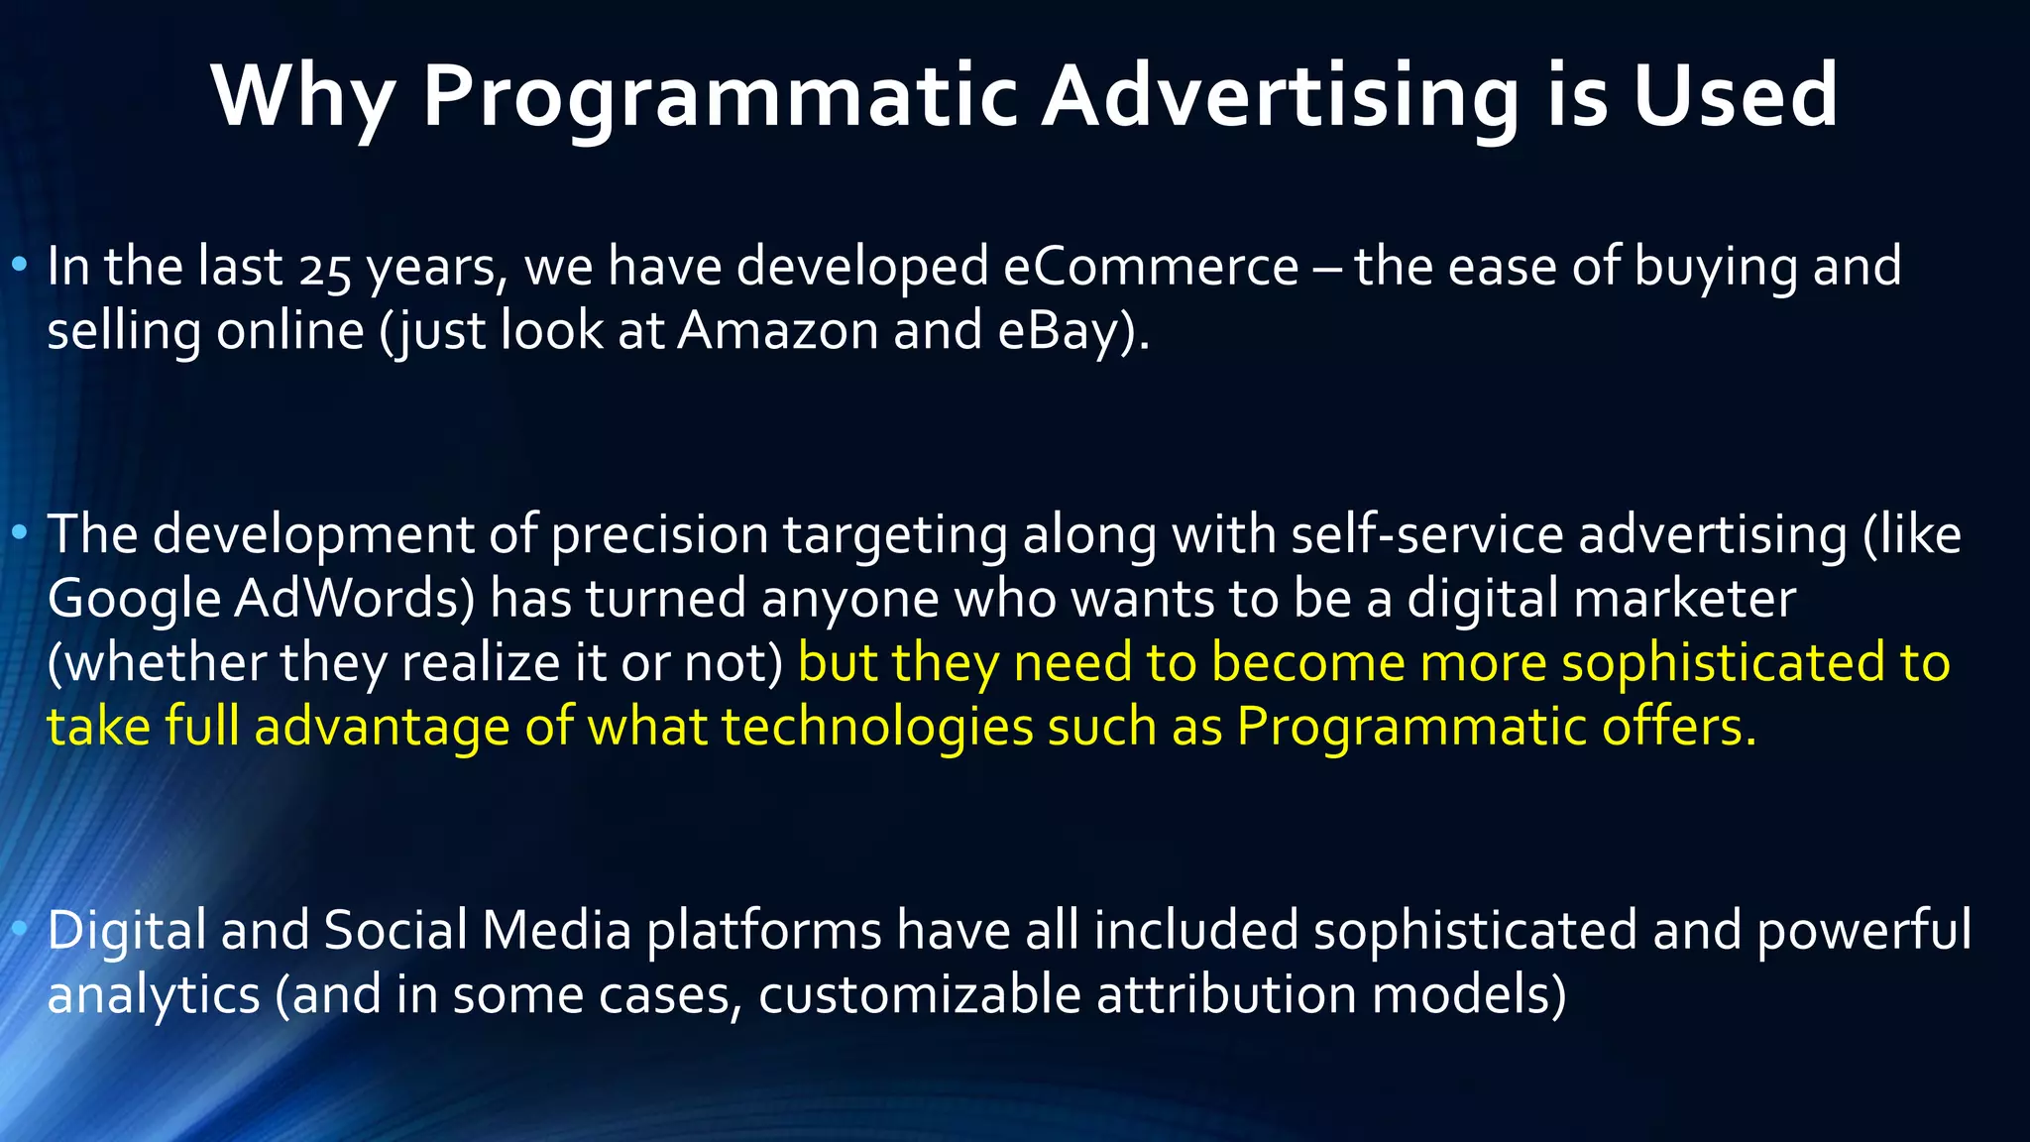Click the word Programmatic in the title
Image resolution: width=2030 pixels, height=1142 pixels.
click(x=721, y=97)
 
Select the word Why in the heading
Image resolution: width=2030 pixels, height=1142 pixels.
click(x=303, y=97)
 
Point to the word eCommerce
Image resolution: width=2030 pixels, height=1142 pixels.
click(x=1150, y=268)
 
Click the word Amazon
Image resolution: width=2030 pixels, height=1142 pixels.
click(x=778, y=331)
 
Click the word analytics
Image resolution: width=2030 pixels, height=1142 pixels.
click(x=154, y=995)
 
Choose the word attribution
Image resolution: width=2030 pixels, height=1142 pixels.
click(x=1226, y=995)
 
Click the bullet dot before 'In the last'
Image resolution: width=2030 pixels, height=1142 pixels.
click(x=20, y=266)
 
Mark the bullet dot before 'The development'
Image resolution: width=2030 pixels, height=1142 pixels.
click(x=20, y=533)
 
